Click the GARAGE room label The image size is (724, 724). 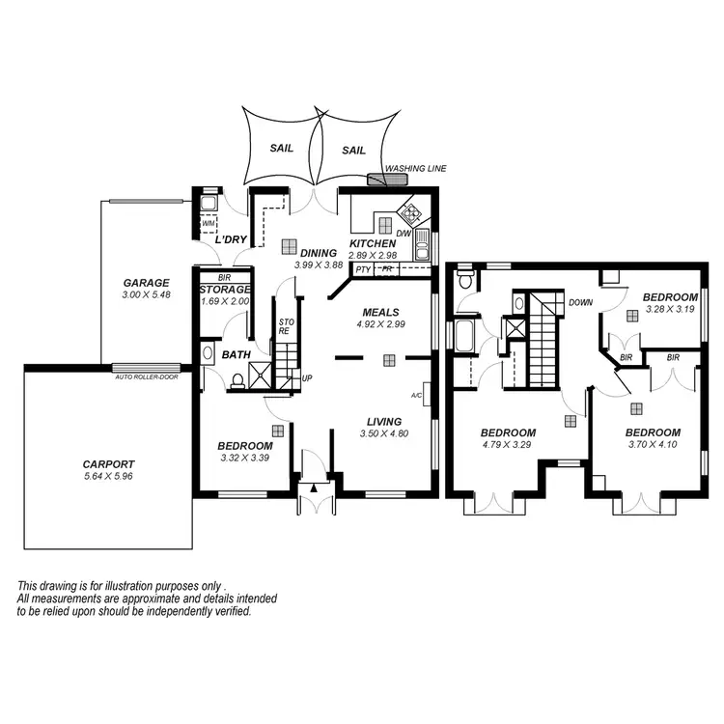pyautogui.click(x=146, y=283)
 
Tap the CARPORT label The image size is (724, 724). pyautogui.click(x=108, y=463)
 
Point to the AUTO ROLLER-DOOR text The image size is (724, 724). pyautogui.click(x=146, y=376)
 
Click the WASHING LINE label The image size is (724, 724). pyautogui.click(x=416, y=169)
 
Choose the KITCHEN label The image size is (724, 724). pyautogui.click(x=373, y=244)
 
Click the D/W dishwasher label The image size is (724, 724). pyautogui.click(x=404, y=233)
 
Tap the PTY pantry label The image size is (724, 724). pyautogui.click(x=363, y=270)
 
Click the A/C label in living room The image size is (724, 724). pyautogui.click(x=417, y=396)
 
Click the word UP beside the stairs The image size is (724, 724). pyautogui.click(x=307, y=377)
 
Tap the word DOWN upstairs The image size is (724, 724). pyautogui.click(x=581, y=302)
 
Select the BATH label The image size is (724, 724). pyautogui.click(x=236, y=355)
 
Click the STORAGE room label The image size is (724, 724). pyautogui.click(x=225, y=290)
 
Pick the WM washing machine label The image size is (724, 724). pyautogui.click(x=209, y=223)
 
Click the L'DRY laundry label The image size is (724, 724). pyautogui.click(x=231, y=238)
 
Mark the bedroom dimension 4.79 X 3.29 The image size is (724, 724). pyautogui.click(x=508, y=445)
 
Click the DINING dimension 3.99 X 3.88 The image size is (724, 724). pyautogui.click(x=317, y=265)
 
